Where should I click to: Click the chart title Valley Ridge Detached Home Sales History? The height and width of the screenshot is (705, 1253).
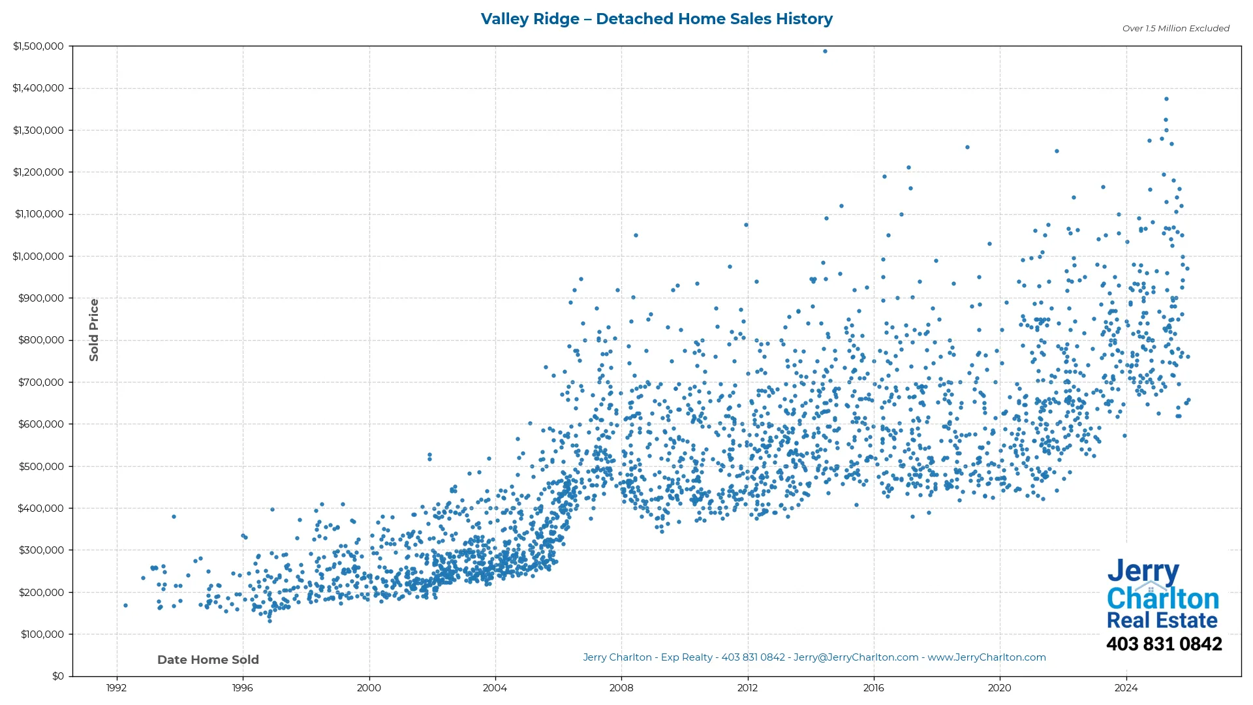point(657,19)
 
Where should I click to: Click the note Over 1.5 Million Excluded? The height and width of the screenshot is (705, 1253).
point(1175,29)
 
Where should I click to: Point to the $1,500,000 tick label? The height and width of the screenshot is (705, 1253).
point(39,46)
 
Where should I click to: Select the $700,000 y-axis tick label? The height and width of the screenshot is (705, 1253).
point(41,382)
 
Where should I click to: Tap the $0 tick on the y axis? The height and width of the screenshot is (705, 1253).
point(58,676)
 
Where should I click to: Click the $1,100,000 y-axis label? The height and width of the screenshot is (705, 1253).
point(39,214)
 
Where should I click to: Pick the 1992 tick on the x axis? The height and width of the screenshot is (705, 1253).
point(117,687)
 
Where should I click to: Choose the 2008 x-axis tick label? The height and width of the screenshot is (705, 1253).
point(621,687)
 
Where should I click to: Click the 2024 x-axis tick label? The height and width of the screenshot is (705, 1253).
point(1126,687)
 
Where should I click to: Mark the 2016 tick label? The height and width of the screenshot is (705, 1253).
point(874,687)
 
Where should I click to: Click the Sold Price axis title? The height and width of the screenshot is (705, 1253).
point(94,330)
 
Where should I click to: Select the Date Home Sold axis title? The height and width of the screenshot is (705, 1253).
point(208,660)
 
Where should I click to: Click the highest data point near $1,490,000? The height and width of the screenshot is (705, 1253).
point(825,51)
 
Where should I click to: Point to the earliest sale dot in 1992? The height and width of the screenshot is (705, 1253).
point(125,605)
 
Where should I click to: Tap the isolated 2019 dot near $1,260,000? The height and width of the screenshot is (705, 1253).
point(967,148)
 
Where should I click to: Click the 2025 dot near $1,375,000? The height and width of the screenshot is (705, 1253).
point(1166,99)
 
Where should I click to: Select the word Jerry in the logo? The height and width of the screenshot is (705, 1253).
point(1143,571)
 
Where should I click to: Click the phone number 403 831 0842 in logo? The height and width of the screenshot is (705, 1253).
point(1164,644)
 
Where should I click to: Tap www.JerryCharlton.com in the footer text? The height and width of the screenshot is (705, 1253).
point(987,657)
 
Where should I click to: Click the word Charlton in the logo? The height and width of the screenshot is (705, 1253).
point(1163,599)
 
